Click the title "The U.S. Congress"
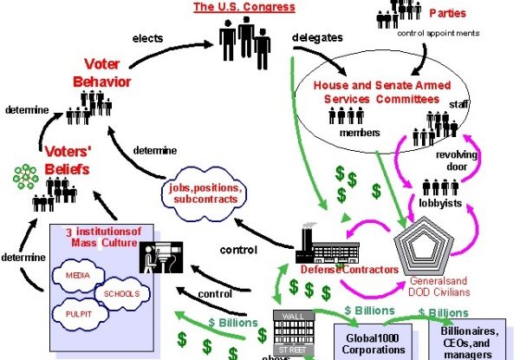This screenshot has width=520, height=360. tap(243, 7)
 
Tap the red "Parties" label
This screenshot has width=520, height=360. tap(448, 13)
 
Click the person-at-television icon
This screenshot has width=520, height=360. tap(159, 257)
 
